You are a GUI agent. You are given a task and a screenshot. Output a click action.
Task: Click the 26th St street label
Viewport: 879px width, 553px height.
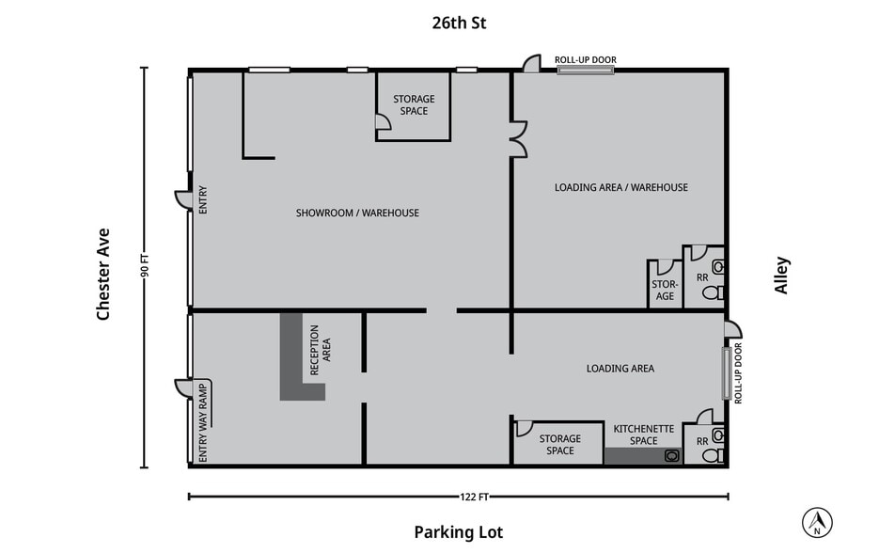pos(458,23)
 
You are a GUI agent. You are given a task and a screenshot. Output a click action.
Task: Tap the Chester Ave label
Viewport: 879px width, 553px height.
pos(103,274)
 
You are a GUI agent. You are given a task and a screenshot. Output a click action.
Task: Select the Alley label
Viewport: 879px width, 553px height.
pos(781,276)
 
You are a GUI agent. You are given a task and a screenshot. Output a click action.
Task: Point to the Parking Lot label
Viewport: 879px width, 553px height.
pos(458,532)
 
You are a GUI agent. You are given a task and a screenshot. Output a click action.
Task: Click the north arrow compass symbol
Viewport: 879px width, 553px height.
pos(817,520)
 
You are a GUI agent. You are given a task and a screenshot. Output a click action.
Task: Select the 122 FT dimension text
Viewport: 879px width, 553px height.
pos(458,497)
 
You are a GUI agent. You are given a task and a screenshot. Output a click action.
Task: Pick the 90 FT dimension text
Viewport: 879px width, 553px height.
pos(145,267)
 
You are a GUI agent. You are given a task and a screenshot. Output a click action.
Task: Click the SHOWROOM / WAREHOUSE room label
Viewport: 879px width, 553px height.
pos(357,213)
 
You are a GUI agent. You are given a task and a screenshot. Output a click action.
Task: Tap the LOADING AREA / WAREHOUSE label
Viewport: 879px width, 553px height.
pos(620,187)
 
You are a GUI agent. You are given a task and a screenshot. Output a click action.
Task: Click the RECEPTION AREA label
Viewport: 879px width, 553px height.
pos(321,343)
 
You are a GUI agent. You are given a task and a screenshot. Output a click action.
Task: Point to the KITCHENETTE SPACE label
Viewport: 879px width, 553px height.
pos(643,434)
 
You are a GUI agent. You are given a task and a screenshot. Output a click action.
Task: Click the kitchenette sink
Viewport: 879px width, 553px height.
pos(671,456)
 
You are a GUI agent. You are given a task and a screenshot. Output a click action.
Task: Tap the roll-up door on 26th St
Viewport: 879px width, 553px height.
pos(586,70)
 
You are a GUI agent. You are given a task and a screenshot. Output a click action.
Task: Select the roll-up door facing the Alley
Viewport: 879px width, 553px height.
pos(726,372)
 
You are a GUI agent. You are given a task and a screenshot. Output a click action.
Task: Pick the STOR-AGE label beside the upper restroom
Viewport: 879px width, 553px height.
pos(665,290)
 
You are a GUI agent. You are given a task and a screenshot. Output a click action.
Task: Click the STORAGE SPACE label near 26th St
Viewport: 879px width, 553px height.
pos(414,105)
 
